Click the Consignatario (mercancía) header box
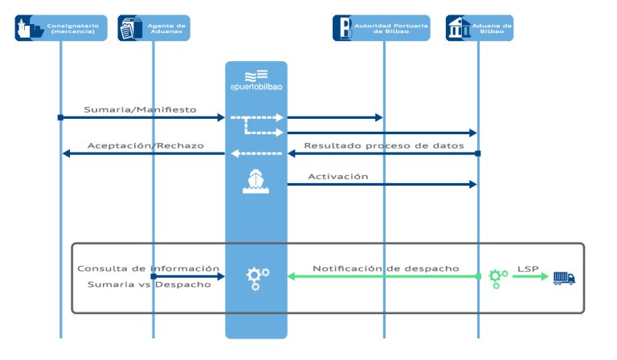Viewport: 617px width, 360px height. tap(61, 27)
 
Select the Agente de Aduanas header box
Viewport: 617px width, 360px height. tap(153, 27)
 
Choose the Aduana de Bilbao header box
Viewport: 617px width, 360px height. tap(479, 27)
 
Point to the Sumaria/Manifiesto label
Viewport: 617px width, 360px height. tap(140, 109)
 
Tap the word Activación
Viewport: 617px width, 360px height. tap(337, 176)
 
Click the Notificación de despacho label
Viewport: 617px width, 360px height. tap(386, 268)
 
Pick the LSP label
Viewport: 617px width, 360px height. tap(528, 268)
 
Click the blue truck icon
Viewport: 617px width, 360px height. tap(564, 277)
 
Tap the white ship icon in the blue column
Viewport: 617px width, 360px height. tap(255, 181)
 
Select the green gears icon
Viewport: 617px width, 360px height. tap(498, 277)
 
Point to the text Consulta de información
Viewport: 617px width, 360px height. tap(148, 268)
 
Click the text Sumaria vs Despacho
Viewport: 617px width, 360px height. tap(148, 284)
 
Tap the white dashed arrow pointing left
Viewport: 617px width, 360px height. tap(257, 153)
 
